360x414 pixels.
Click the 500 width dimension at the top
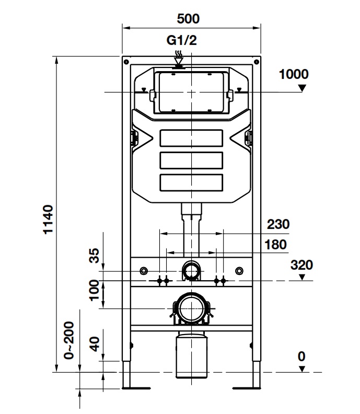click(x=188, y=19)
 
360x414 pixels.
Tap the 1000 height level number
click(x=293, y=74)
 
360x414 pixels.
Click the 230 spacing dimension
click(x=278, y=224)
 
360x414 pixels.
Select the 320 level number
click(x=301, y=265)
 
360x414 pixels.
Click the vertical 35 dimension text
click(x=94, y=257)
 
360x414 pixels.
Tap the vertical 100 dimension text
click(x=94, y=291)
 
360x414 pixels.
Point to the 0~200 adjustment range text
click(x=69, y=339)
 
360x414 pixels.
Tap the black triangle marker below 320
click(x=301, y=278)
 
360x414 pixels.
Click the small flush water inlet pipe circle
click(x=191, y=271)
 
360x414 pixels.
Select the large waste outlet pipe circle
click(x=191, y=309)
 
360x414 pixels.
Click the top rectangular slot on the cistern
click(x=191, y=137)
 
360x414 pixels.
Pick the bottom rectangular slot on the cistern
click(x=191, y=181)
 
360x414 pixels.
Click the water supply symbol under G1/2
click(x=179, y=58)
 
